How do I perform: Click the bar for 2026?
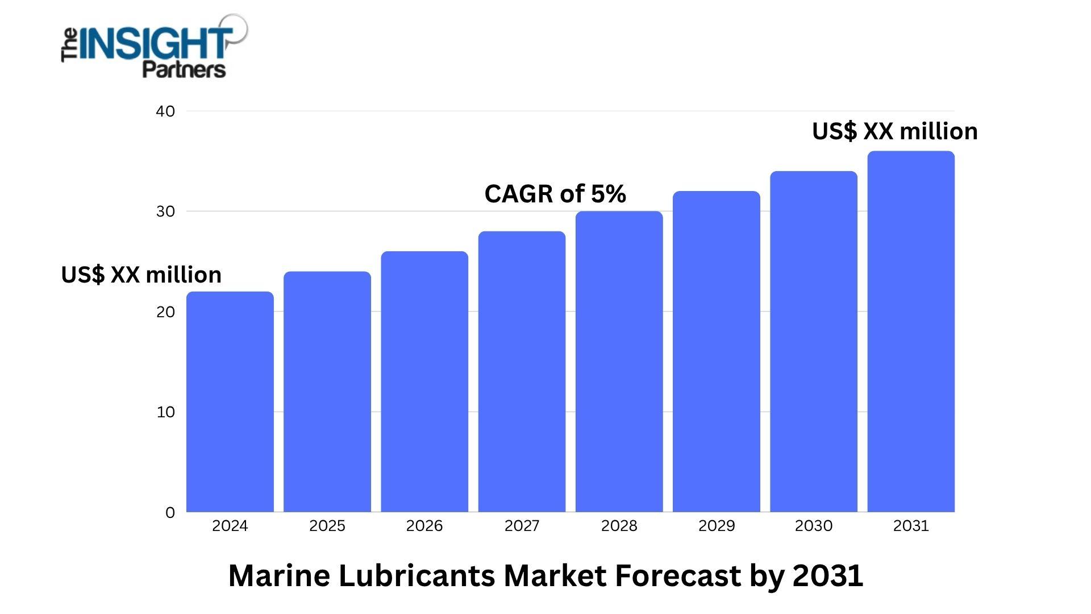coord(424,381)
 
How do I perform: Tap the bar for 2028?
coord(619,362)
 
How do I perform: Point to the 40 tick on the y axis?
coord(165,111)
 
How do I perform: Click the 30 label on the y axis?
coord(165,211)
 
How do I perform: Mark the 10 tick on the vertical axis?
coord(165,412)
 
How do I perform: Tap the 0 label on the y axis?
coord(170,513)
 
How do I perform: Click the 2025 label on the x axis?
coord(327,526)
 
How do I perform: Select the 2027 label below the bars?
coord(522,526)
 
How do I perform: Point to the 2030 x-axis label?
coord(814,526)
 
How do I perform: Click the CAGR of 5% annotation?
coord(555,194)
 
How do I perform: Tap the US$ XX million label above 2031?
coord(895,131)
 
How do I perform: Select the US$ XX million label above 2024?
coord(141,275)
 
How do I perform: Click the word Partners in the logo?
coord(184,70)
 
